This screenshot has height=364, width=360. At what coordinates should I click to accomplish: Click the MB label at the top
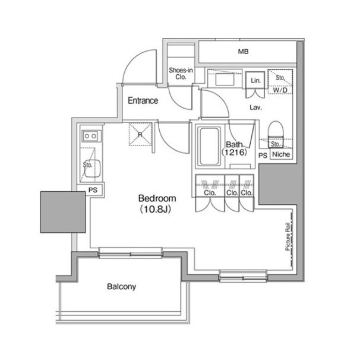(243, 51)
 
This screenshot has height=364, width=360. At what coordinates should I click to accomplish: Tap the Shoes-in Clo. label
(181, 74)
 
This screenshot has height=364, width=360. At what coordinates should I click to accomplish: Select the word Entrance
(143, 100)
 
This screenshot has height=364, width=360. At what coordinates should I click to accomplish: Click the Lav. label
(255, 107)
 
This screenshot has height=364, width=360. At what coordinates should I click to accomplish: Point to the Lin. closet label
(255, 81)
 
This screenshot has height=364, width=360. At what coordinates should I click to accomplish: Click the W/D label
(280, 90)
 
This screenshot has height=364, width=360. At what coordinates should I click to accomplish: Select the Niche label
(281, 154)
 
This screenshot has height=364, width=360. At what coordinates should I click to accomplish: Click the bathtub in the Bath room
(209, 146)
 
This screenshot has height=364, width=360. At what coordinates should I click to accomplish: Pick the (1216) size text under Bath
(234, 153)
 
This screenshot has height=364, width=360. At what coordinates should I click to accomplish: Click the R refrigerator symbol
(140, 134)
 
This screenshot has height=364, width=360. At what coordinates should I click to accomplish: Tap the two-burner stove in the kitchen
(91, 136)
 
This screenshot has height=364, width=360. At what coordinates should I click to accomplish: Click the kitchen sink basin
(92, 169)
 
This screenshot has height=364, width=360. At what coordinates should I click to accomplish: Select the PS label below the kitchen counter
(93, 190)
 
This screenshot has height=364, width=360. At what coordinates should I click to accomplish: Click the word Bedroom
(157, 198)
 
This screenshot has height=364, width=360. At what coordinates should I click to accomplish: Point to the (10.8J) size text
(156, 210)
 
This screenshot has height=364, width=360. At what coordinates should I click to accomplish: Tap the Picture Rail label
(288, 236)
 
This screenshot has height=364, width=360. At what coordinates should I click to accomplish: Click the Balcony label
(121, 286)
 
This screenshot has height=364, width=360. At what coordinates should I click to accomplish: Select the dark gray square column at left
(63, 212)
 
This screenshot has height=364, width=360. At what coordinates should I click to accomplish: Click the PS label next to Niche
(263, 156)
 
